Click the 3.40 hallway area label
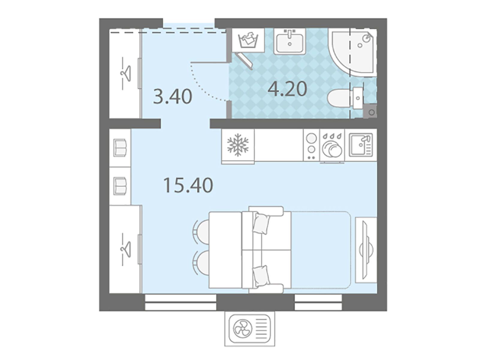tap(172, 97)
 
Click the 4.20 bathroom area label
tap(287, 89)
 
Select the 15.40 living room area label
tap(188, 185)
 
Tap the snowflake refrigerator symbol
tap(238, 145)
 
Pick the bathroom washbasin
tap(290, 41)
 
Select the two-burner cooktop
tap(311, 145)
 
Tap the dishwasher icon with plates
tap(332, 146)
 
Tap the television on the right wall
tap(366, 250)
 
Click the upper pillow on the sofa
tap(261, 223)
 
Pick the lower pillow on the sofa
tap(261, 276)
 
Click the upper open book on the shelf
tap(120, 148)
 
